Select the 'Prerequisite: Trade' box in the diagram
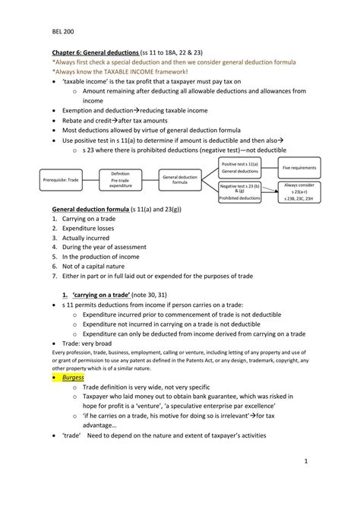pyautogui.click(x=62, y=179)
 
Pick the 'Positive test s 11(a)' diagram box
pyautogui.click(x=240, y=168)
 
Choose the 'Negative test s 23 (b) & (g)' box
pyautogui.click(x=240, y=191)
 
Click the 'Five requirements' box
pyautogui.click(x=299, y=167)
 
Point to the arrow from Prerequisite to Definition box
pyautogui.click(x=92, y=179)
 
